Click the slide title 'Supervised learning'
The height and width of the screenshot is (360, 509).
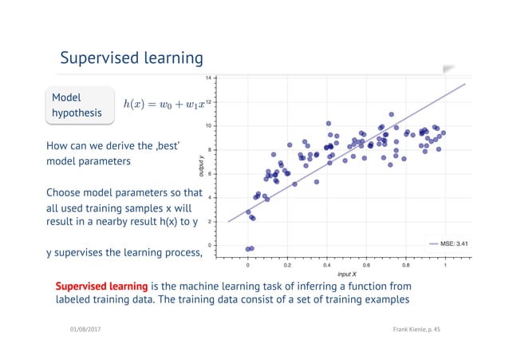click(x=132, y=58)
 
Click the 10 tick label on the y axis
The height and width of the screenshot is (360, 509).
click(x=208, y=126)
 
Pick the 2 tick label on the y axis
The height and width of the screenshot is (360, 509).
click(x=209, y=222)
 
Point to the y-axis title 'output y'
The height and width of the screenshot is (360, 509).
click(x=200, y=165)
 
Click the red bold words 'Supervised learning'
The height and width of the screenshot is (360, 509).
click(x=101, y=286)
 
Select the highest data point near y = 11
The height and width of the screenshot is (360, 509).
click(x=391, y=114)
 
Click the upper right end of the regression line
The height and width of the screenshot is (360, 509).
click(x=464, y=83)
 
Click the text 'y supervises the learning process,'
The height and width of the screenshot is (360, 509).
click(x=124, y=254)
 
